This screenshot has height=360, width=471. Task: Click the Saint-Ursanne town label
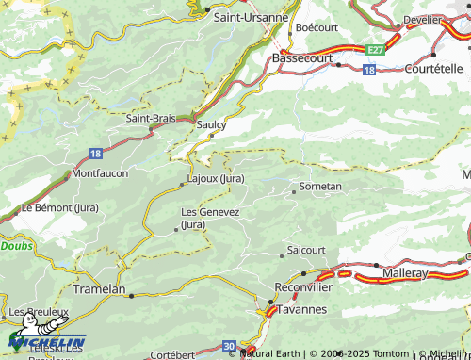pos(252,16)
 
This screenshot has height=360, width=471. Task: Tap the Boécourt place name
pos(317,27)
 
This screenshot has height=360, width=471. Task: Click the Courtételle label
pos(433,68)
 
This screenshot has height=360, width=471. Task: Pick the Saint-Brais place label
pos(154,119)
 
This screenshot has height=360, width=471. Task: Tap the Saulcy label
pos(213,123)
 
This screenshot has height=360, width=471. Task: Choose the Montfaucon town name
pos(100,173)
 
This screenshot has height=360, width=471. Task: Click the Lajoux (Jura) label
pos(217,177)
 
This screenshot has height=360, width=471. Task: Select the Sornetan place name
pos(320,187)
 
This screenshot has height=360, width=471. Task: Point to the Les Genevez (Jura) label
pos(210,218)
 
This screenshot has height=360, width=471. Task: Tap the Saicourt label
pos(306,250)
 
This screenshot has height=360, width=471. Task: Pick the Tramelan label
pos(99,289)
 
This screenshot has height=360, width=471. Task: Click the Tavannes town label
pos(302,309)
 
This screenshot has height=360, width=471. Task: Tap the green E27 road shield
pos(376,47)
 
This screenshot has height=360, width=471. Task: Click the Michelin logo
pos(47,340)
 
